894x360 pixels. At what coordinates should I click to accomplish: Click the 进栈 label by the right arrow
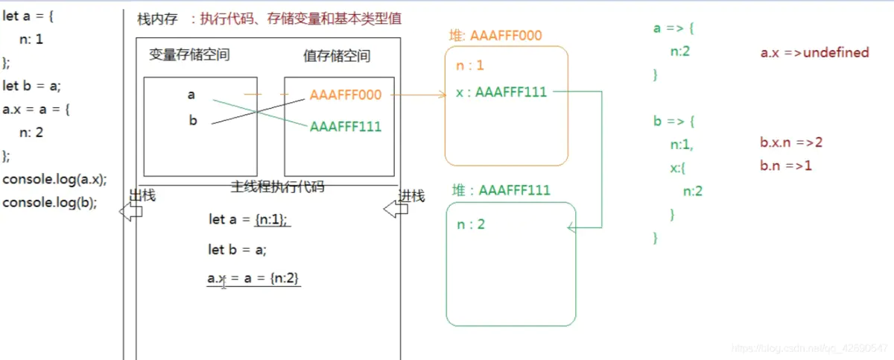pyautogui.click(x=411, y=196)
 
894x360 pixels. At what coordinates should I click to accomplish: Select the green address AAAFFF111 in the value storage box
pyautogui.click(x=346, y=127)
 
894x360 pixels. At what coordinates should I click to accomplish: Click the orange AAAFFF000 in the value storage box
pyautogui.click(x=346, y=95)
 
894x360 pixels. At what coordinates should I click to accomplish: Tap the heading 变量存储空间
pyautogui.click(x=189, y=55)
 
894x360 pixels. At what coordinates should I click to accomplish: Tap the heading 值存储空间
pyautogui.click(x=337, y=56)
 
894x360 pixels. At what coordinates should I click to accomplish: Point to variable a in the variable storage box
pyautogui.click(x=191, y=95)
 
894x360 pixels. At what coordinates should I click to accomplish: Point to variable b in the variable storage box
pyautogui.click(x=193, y=120)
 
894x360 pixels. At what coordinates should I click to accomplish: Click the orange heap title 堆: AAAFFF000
pyautogui.click(x=495, y=35)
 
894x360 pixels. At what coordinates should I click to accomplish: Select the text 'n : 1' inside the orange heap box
pyautogui.click(x=470, y=66)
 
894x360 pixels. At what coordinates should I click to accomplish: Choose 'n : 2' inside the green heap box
pyautogui.click(x=471, y=224)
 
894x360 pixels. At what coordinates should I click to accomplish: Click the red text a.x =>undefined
pyautogui.click(x=814, y=52)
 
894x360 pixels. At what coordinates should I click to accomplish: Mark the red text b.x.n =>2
pyautogui.click(x=791, y=142)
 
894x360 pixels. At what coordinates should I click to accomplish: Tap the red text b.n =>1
pyautogui.click(x=786, y=165)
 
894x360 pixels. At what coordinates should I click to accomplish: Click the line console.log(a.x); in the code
pyautogui.click(x=55, y=179)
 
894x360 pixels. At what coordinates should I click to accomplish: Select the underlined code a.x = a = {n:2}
pyautogui.click(x=253, y=278)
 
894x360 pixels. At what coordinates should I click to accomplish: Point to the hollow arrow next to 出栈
pyautogui.click(x=131, y=212)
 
